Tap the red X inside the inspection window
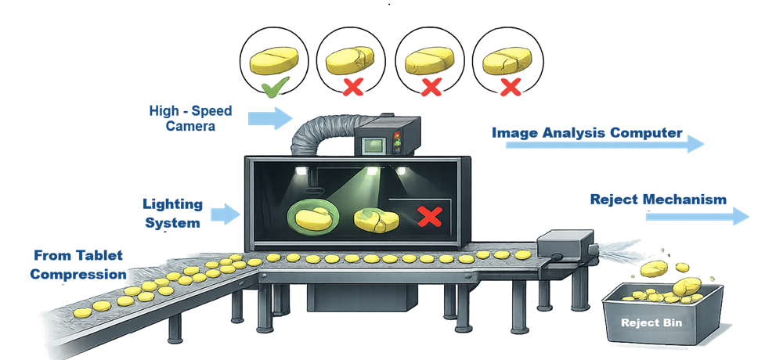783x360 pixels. [428, 217]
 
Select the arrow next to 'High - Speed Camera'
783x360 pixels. [269, 118]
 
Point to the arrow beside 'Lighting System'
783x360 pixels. [224, 214]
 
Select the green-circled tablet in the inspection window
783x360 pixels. [310, 215]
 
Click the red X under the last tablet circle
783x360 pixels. [510, 88]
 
